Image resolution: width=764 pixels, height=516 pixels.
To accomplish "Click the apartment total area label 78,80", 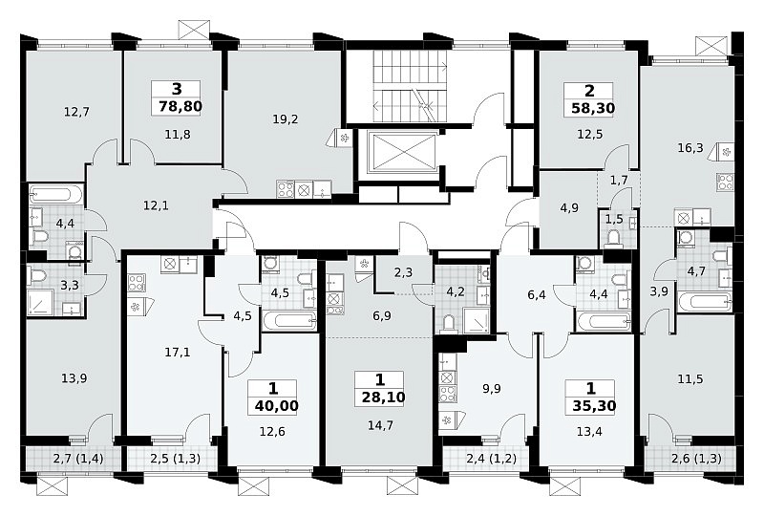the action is point(180,106).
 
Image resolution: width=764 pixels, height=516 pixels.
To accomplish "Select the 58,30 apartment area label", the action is point(593,108).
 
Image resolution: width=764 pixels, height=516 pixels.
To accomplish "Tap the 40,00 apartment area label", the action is point(276,405).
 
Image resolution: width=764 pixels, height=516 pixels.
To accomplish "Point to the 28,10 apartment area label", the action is point(384,398).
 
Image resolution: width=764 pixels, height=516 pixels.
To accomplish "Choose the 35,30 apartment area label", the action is point(594,406).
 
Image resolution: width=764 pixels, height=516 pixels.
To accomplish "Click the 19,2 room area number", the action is point(286,119).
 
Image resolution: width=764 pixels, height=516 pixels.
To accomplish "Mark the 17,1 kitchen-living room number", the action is point(178,352).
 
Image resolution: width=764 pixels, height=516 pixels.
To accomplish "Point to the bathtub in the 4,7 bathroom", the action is point(705,301).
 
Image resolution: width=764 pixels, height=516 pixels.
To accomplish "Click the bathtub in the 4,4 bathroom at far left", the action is point(56,195).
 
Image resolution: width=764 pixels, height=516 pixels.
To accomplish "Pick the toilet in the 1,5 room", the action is point(613,238).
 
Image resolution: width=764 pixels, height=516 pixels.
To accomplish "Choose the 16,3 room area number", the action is point(690,147).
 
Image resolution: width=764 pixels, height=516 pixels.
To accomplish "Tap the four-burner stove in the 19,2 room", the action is point(285,189).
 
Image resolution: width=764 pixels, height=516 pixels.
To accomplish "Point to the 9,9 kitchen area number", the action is point(491,389).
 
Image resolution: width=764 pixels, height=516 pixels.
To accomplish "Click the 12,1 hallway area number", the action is point(156,205).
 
